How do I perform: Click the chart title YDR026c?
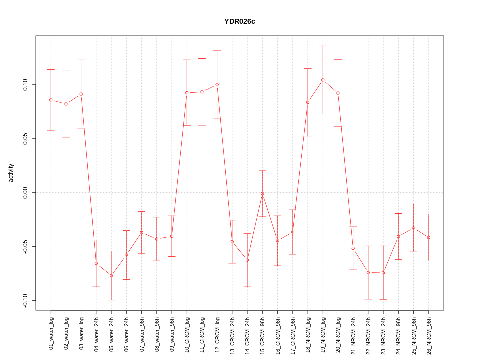click(x=240, y=21)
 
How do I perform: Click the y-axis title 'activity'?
click(x=11, y=173)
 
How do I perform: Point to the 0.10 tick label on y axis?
click(x=26, y=85)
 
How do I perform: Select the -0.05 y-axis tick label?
click(x=26, y=246)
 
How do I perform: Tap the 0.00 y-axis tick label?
click(x=26, y=192)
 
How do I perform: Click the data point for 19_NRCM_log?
click(x=323, y=80)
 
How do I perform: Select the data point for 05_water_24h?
click(x=111, y=276)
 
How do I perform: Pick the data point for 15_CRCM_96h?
click(x=262, y=194)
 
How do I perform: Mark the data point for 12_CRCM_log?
click(x=217, y=85)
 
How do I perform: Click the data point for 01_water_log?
click(x=51, y=100)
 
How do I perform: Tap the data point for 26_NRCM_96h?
click(x=429, y=237)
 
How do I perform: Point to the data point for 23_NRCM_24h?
click(x=383, y=273)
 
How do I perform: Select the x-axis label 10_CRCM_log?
click(x=187, y=331)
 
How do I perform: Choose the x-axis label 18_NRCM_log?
click(x=308, y=331)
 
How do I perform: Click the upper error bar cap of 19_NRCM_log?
click(x=323, y=46)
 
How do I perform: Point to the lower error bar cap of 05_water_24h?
click(x=111, y=300)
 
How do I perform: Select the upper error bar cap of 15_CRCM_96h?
click(x=262, y=170)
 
